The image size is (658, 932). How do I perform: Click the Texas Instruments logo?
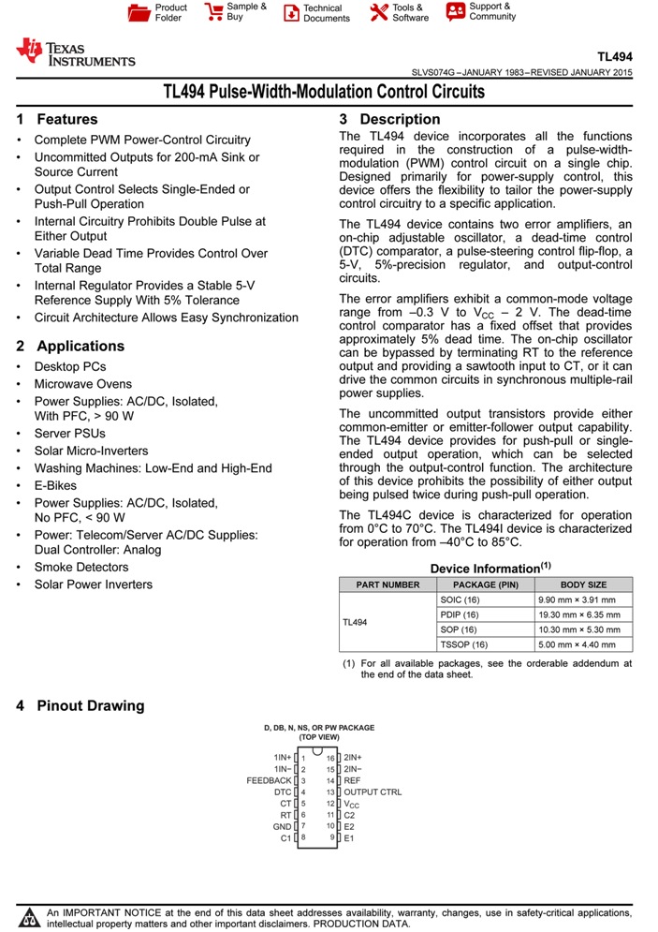(x=75, y=53)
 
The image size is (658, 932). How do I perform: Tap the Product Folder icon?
(x=139, y=12)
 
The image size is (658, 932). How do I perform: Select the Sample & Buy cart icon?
(x=213, y=12)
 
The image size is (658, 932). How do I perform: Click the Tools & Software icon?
(x=378, y=12)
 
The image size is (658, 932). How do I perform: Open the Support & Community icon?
(x=456, y=11)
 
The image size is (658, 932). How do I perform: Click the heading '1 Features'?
(x=57, y=119)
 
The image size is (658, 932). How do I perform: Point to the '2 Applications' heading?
(x=70, y=346)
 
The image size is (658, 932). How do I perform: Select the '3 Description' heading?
(x=389, y=119)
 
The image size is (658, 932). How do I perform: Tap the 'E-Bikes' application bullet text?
(x=56, y=485)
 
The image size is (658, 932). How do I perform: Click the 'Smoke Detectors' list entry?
(x=81, y=567)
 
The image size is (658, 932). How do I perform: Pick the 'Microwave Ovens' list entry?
(x=83, y=383)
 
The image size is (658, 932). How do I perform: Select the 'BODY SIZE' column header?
(x=583, y=584)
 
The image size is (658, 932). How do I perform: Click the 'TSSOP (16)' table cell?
(x=463, y=644)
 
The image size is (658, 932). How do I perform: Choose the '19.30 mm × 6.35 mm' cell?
(x=578, y=614)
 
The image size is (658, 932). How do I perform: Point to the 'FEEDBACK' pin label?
(x=270, y=780)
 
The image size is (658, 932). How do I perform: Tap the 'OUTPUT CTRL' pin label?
(x=373, y=791)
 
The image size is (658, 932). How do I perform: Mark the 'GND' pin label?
(x=282, y=826)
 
